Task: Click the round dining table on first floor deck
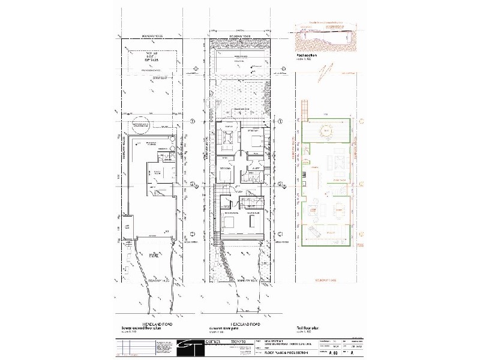(327, 130)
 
